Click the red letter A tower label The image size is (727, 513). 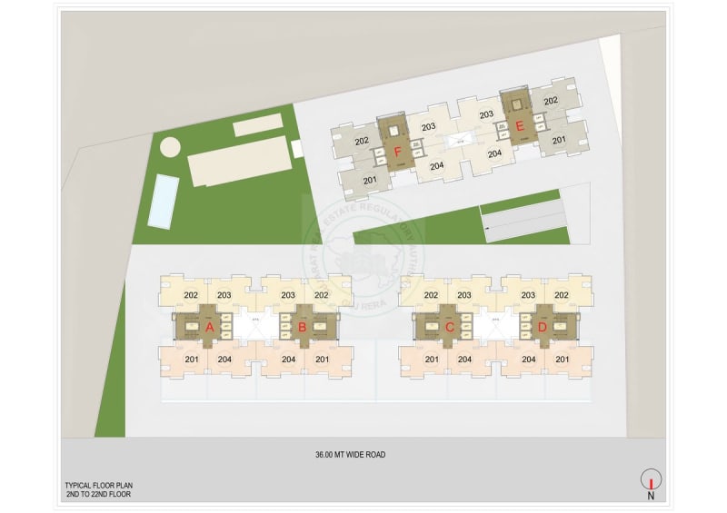209,326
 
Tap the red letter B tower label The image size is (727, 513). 302,326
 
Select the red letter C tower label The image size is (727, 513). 449,326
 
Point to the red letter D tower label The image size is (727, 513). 543,326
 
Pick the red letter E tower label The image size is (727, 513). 520,127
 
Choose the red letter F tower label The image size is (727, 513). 397,153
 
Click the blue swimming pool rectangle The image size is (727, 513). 162,201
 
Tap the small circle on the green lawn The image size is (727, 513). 170,146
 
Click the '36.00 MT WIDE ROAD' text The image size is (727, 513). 350,454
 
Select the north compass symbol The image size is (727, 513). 651,480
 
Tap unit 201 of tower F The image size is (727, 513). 370,180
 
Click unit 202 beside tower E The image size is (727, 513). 551,103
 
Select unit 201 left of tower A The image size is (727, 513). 192,359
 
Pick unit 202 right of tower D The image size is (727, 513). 562,294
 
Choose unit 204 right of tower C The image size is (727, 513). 464,359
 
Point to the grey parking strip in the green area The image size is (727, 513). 523,221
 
